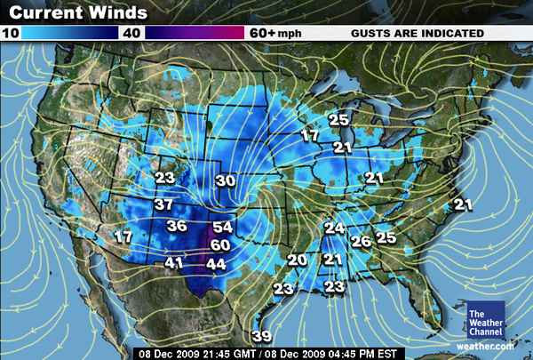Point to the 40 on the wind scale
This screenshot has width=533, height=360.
click(132, 33)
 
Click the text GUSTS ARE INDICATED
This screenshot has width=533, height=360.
click(418, 33)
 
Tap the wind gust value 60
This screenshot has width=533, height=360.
click(220, 244)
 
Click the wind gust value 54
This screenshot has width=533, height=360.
click(222, 227)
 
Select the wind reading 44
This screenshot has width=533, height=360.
click(216, 263)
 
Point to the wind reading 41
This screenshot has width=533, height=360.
click(174, 262)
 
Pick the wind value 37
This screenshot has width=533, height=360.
click(163, 204)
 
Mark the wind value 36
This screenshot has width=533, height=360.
click(176, 226)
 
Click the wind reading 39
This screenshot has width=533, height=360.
click(261, 335)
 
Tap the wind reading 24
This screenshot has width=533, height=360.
click(334, 228)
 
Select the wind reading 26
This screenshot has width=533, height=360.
click(361, 240)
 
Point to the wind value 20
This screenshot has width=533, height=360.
click(297, 260)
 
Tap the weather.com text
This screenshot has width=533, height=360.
click(486, 346)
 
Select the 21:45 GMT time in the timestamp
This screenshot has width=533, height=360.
click(215, 353)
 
